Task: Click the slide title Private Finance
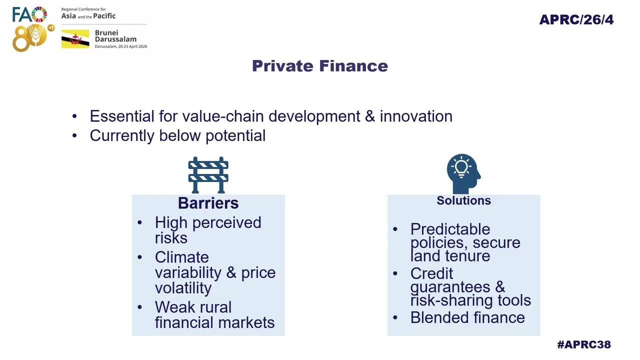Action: click(320, 66)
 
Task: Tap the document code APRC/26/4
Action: click(576, 19)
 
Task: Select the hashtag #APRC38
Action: click(583, 344)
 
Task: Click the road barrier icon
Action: click(208, 175)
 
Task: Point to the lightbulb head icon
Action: click(463, 172)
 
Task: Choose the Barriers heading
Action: click(208, 203)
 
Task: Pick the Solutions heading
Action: click(463, 200)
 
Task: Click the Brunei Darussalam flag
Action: click(75, 39)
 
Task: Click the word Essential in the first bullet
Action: click(122, 116)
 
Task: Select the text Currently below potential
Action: click(177, 135)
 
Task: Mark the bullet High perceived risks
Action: click(207, 230)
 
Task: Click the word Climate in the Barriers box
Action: click(181, 257)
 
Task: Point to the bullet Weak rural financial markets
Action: click(214, 314)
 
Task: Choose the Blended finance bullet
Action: click(467, 317)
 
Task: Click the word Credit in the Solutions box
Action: click(431, 273)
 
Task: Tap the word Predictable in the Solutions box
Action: click(450, 229)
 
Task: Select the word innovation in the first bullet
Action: click(415, 116)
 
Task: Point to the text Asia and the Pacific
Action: click(88, 16)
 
